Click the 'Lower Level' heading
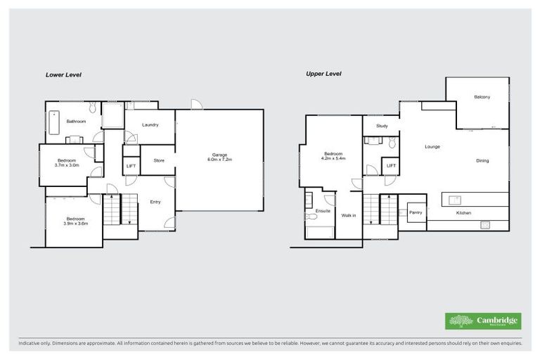pyautogui.click(x=64, y=75)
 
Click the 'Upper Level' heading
pyautogui.click(x=323, y=74)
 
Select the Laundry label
pyautogui.click(x=149, y=125)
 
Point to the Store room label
pyautogui.click(x=159, y=161)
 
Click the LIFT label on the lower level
pyautogui.click(x=131, y=166)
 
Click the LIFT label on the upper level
pyautogui.click(x=390, y=166)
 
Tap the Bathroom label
pyautogui.click(x=76, y=122)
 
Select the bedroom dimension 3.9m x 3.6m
pyautogui.click(x=75, y=223)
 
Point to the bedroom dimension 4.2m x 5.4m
pyautogui.click(x=333, y=158)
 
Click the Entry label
pyautogui.click(x=155, y=202)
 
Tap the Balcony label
pyautogui.click(x=482, y=97)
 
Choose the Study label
pyautogui.click(x=382, y=126)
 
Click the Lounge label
pyautogui.click(x=432, y=147)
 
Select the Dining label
pyautogui.click(x=482, y=161)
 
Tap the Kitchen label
pyautogui.click(x=463, y=212)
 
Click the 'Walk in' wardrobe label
pyautogui.click(x=349, y=215)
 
